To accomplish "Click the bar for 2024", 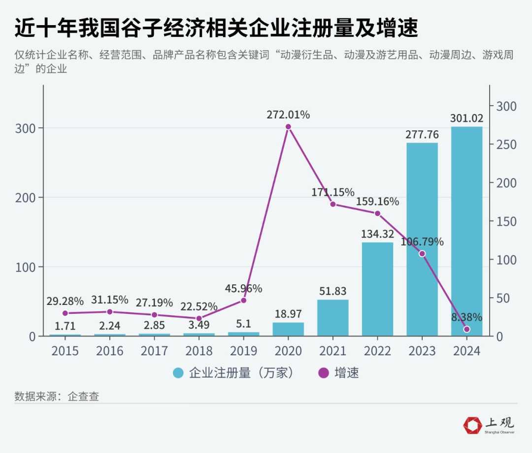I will pyautogui.click(x=466, y=231).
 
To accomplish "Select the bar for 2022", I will pyautogui.click(x=377, y=289).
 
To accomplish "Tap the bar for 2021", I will pyautogui.click(x=332, y=318).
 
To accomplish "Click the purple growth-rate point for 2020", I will pyautogui.click(x=288, y=127).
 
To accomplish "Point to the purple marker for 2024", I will pyautogui.click(x=466, y=329).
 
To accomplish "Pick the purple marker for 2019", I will pyautogui.click(x=243, y=300).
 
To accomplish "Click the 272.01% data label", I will pyautogui.click(x=288, y=115).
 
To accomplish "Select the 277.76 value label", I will pyautogui.click(x=422, y=134).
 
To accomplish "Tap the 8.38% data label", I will pyautogui.click(x=466, y=317).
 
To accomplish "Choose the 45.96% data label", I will pyautogui.click(x=243, y=288).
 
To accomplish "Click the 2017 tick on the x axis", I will pyautogui.click(x=154, y=351).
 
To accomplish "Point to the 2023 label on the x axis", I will pyautogui.click(x=422, y=351).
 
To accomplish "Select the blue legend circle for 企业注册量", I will pyautogui.click(x=178, y=373).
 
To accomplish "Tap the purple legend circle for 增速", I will pyautogui.click(x=324, y=373).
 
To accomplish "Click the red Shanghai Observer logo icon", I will pyautogui.click(x=473, y=425).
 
